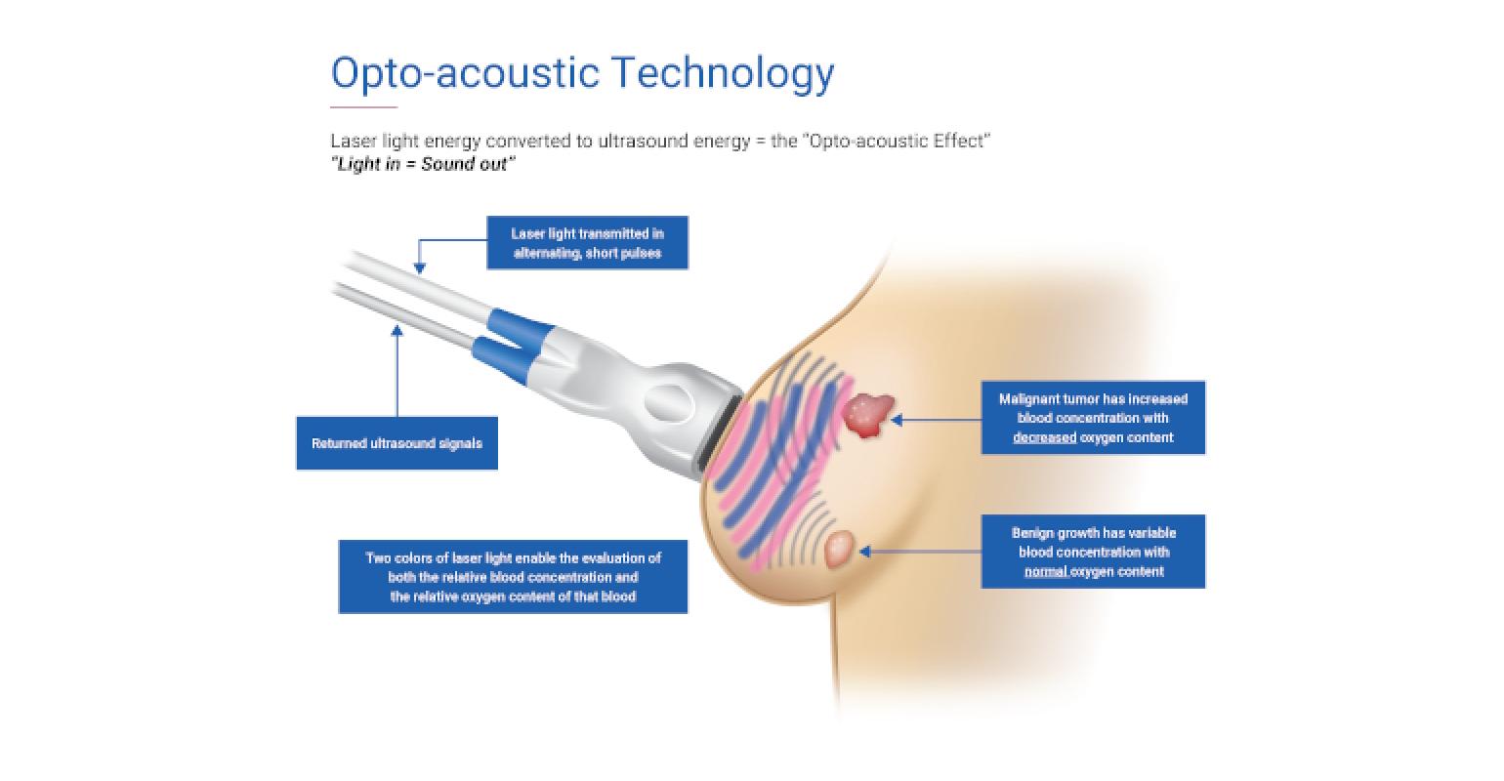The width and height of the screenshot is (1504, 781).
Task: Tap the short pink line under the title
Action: tap(364, 106)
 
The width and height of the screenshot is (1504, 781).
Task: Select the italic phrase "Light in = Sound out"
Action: tap(423, 164)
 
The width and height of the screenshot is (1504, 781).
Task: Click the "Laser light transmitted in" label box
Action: tap(588, 243)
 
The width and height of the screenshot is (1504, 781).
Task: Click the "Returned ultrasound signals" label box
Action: tap(397, 443)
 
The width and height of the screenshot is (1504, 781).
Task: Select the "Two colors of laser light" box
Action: tap(513, 577)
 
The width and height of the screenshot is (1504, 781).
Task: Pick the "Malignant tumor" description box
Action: tap(1093, 418)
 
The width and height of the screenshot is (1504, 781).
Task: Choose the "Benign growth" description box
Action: tap(1093, 553)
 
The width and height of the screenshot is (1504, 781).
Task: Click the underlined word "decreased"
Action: tap(1044, 437)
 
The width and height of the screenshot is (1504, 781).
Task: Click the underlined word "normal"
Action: tap(1045, 572)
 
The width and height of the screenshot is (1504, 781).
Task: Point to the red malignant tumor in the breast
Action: tap(868, 415)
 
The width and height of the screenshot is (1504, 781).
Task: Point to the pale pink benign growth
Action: tap(839, 549)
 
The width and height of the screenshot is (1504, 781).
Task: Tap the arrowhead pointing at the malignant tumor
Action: tap(897, 420)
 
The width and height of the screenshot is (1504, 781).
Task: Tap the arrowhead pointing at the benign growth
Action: tap(865, 552)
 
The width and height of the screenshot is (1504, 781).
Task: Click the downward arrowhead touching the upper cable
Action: tap(419, 268)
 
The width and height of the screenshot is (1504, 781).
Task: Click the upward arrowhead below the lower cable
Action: tap(397, 331)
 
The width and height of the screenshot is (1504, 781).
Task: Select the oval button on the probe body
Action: tap(669, 402)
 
